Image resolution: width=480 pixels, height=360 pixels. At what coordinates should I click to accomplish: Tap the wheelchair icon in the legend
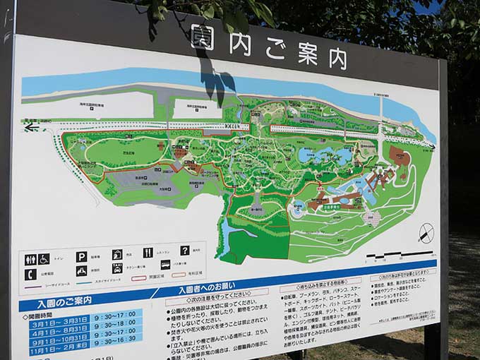point(44,258)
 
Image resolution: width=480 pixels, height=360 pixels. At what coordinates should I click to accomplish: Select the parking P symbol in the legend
point(81,257)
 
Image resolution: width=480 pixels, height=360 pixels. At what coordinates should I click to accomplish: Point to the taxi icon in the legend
point(116,268)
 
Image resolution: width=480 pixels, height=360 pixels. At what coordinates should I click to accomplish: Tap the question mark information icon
point(185,250)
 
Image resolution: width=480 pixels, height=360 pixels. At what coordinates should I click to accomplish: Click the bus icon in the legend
point(165,265)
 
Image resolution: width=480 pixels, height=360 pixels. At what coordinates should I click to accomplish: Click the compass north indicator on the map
point(426,234)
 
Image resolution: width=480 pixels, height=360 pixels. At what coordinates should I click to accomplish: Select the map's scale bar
point(399,253)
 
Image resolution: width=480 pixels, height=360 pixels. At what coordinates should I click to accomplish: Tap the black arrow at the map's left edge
point(30,128)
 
